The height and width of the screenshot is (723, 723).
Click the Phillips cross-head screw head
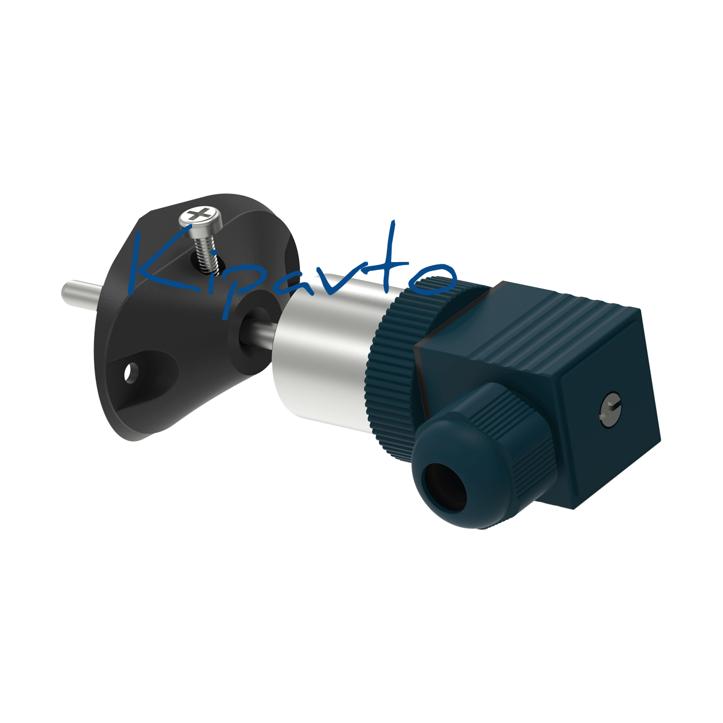click(201, 216)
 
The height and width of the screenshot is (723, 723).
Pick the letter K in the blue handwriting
click(158, 263)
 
